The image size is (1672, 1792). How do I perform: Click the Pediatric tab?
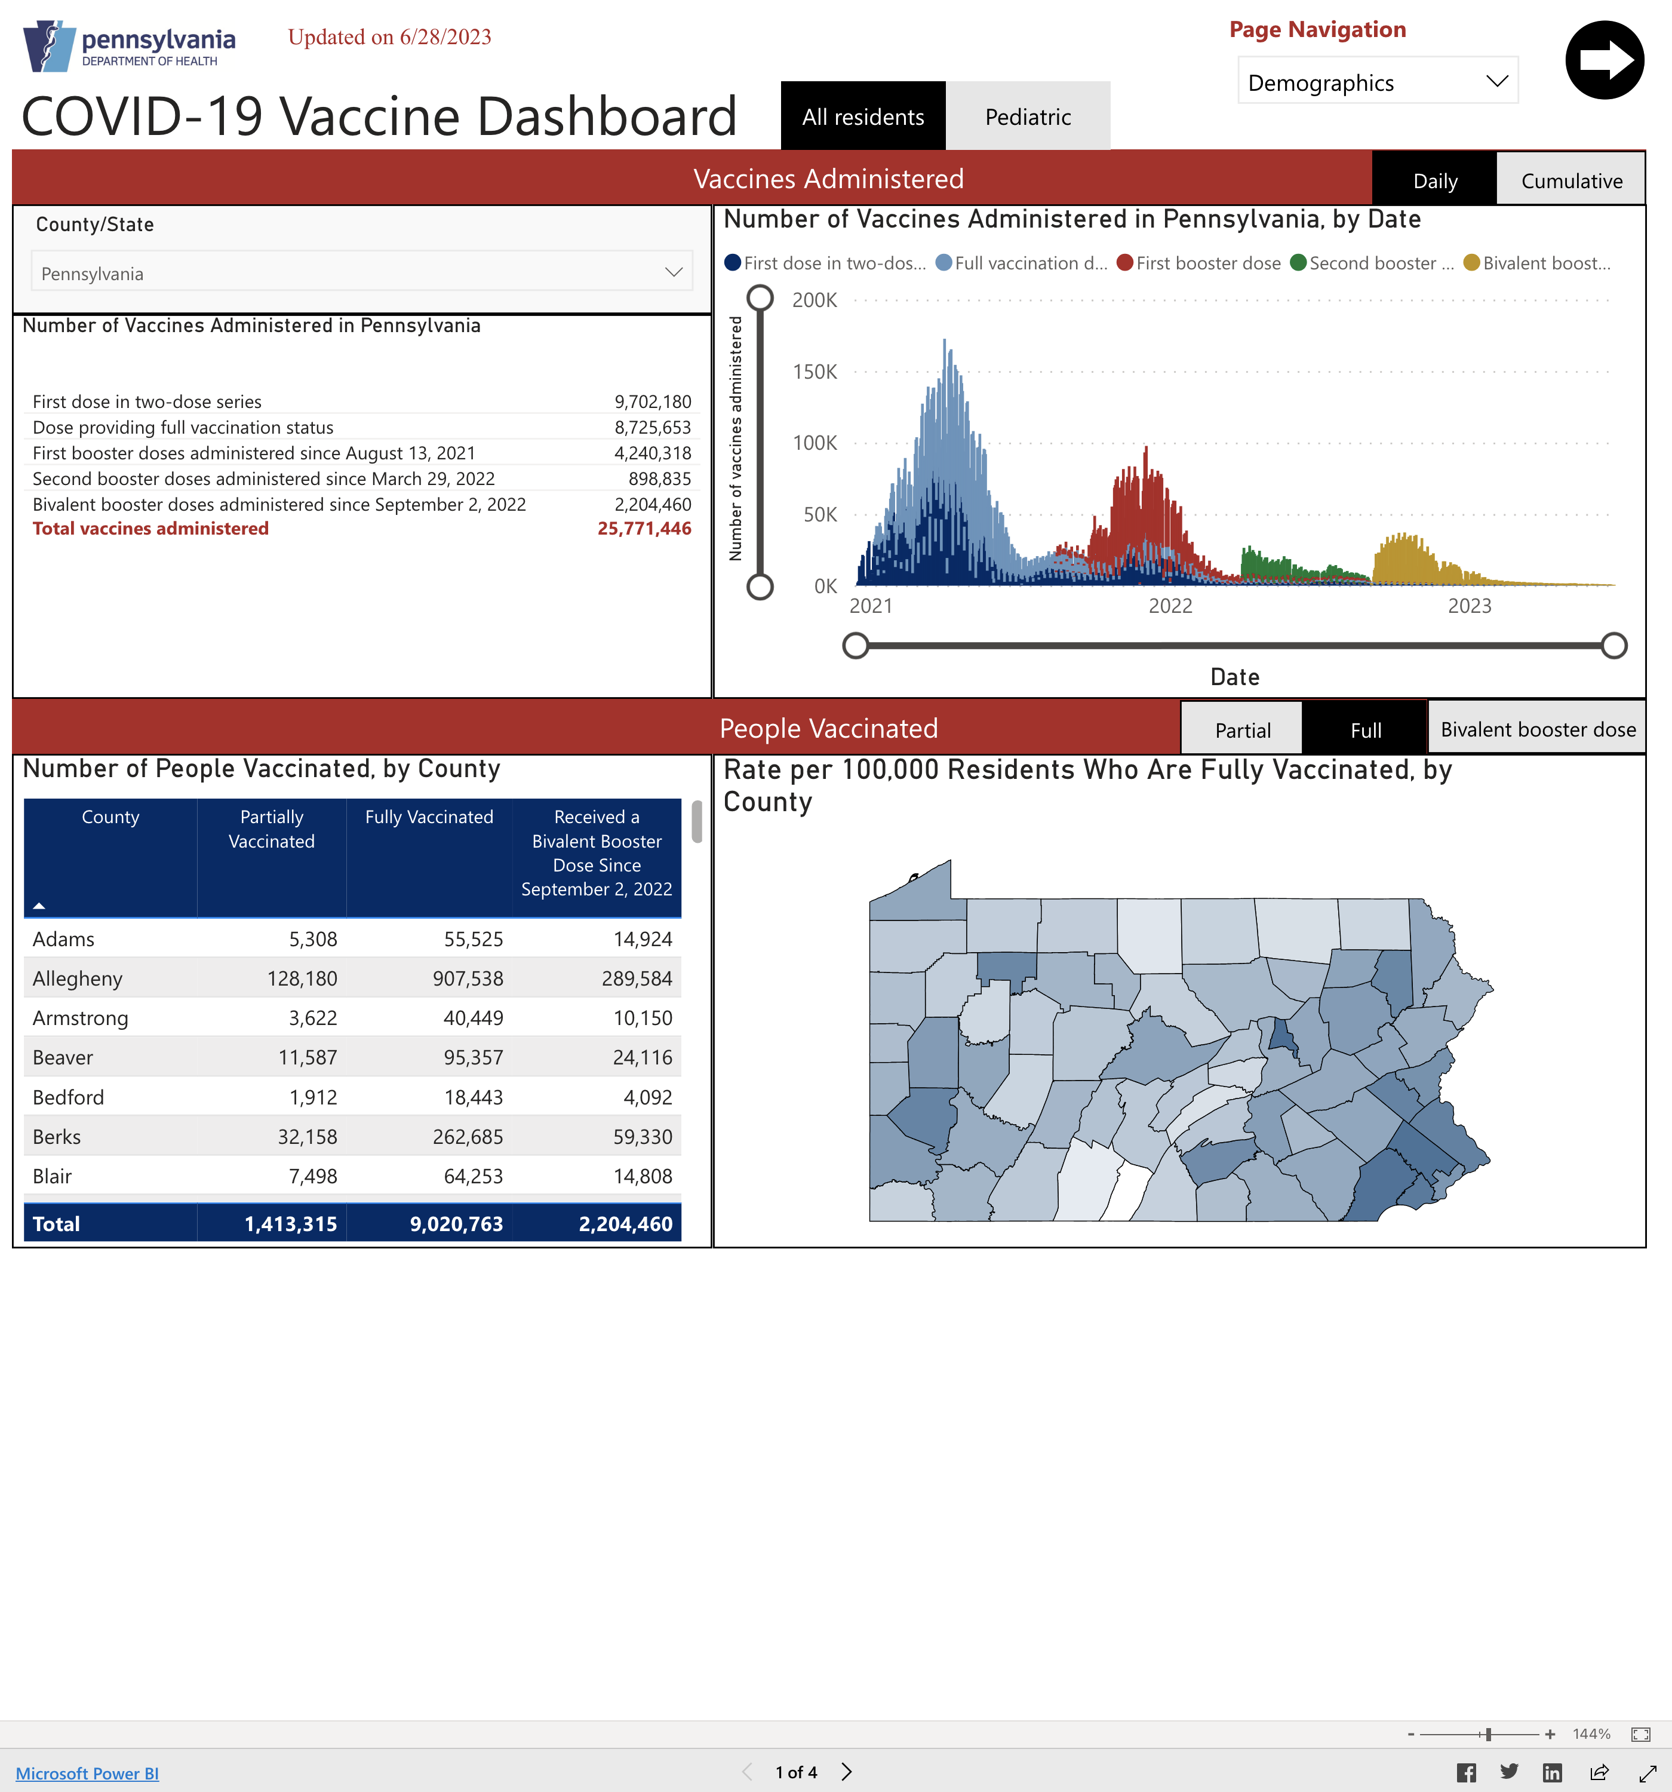1028,116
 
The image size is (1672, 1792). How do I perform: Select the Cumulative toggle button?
1571,180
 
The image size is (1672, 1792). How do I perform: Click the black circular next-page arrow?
1605,60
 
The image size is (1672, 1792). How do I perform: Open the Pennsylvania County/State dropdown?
361,273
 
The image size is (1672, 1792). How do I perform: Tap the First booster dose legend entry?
1199,263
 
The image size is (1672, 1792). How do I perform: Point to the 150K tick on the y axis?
815,372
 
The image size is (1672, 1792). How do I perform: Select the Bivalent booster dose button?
1537,730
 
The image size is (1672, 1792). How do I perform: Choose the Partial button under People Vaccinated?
1242,730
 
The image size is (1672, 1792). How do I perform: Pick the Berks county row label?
57,1137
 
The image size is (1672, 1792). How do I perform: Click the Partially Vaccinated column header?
271,829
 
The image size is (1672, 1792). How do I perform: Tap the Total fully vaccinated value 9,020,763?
456,1224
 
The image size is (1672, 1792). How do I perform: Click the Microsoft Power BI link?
87,1773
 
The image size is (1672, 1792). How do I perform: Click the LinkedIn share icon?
1552,1773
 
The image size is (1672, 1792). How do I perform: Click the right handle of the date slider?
1613,645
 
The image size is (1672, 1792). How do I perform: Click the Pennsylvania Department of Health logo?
129,47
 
